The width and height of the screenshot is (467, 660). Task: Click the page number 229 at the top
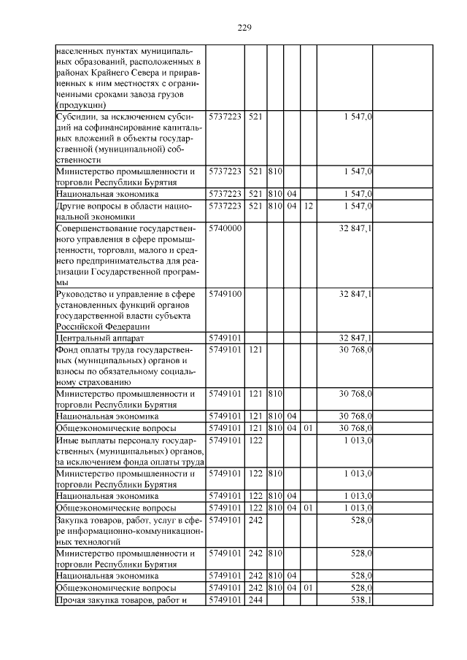tap(244, 28)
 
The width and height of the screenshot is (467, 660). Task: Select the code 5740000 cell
tap(225, 228)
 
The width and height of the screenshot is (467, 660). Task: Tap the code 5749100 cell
tap(225, 294)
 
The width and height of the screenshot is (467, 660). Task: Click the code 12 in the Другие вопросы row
tap(308, 206)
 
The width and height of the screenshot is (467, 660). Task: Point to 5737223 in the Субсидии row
tap(225, 117)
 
